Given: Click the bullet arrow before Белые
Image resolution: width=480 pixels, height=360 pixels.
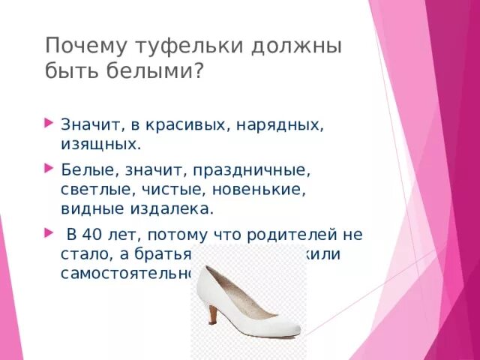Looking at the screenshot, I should [x=49, y=165].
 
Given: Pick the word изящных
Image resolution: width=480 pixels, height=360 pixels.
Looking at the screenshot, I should [x=99, y=142].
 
